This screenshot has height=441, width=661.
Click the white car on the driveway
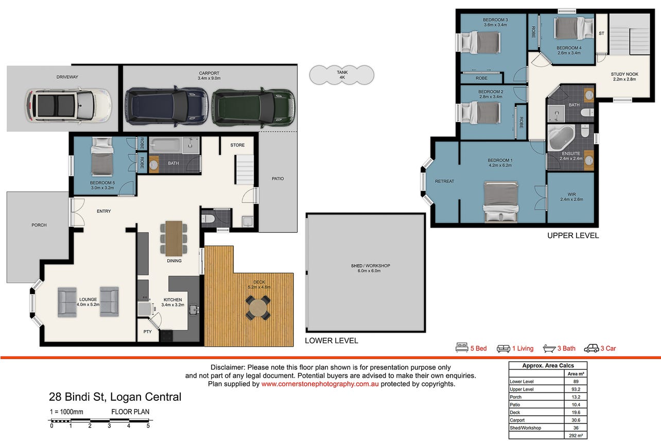(x=68, y=106)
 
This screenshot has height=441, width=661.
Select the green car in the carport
(x=253, y=108)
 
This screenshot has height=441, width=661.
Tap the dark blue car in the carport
(x=167, y=106)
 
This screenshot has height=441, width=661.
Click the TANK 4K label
(x=342, y=75)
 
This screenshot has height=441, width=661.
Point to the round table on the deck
(x=258, y=308)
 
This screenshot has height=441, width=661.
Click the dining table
(x=174, y=239)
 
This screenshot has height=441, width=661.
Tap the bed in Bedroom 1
(x=501, y=202)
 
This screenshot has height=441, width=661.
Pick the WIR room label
(x=571, y=194)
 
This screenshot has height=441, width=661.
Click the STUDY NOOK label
(x=624, y=74)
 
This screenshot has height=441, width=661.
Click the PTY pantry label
(x=148, y=332)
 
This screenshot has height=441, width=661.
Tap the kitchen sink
(x=194, y=310)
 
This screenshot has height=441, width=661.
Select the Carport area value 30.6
(x=576, y=420)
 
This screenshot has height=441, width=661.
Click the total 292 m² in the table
(x=576, y=435)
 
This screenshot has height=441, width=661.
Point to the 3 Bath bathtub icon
(x=549, y=349)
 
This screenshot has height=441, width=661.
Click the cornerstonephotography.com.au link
(x=320, y=384)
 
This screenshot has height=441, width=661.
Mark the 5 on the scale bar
(x=148, y=426)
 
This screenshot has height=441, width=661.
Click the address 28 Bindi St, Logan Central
(x=115, y=397)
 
